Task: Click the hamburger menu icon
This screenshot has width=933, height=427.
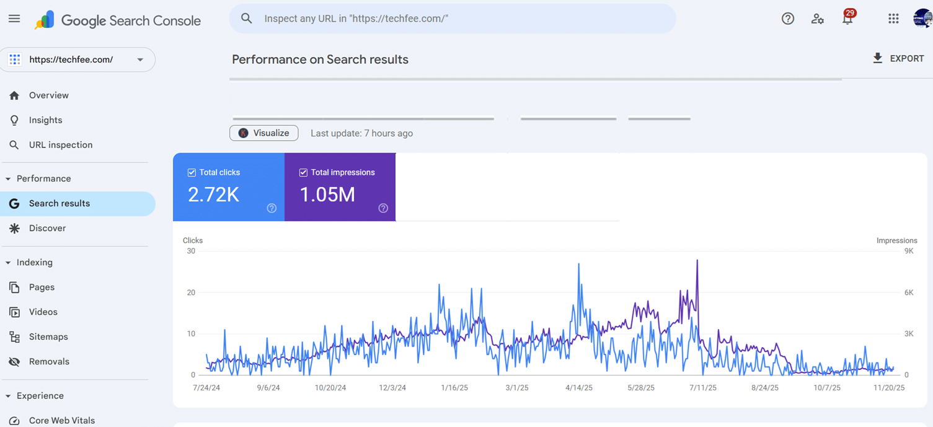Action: (14, 19)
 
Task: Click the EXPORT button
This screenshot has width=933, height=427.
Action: (898, 58)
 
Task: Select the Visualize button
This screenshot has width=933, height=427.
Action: (264, 133)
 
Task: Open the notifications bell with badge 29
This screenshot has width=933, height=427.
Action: (847, 19)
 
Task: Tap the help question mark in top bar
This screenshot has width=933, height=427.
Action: (788, 19)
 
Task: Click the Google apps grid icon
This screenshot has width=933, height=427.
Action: (893, 19)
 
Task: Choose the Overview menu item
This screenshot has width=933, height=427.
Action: (48, 95)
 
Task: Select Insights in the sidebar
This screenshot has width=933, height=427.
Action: (45, 120)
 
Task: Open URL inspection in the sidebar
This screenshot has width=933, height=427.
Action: (60, 145)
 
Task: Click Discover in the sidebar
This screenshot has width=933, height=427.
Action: (47, 228)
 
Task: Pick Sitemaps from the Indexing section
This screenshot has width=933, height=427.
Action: (48, 337)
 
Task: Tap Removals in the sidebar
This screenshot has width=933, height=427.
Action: (49, 361)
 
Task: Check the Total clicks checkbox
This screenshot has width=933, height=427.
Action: (192, 172)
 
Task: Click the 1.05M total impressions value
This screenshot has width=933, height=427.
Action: (327, 195)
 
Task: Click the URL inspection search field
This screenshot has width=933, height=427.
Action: (453, 19)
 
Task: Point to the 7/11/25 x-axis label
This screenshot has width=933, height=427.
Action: (703, 388)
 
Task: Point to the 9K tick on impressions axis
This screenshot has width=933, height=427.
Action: (909, 251)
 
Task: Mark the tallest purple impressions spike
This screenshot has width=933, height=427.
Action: (697, 260)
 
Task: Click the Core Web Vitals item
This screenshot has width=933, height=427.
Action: (61, 420)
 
